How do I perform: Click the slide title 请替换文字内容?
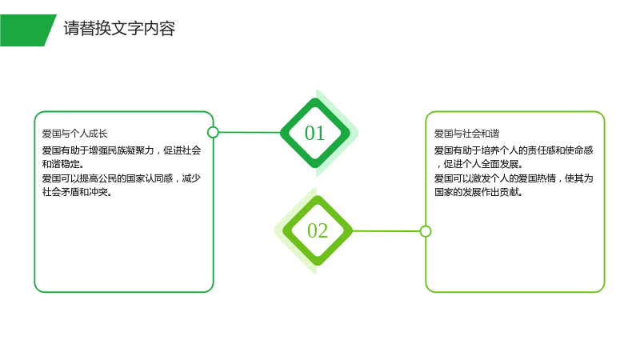pos(119,29)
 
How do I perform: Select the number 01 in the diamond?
pos(314,133)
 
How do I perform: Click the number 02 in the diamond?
pos(318,230)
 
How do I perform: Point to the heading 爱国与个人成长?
pos(74,134)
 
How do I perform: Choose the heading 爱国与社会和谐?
pos(467,134)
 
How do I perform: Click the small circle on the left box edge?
pos(213,132)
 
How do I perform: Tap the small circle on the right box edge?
pos(426,231)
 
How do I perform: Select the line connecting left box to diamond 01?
pos(250,132)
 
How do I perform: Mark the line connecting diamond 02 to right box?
pos(386,231)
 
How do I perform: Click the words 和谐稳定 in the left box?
pos(61,164)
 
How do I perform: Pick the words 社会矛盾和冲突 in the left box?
pos(75,192)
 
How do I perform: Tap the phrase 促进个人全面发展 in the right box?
pos(481,164)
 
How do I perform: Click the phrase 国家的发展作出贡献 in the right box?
pos(476,192)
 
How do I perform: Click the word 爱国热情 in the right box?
pos(537,178)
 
